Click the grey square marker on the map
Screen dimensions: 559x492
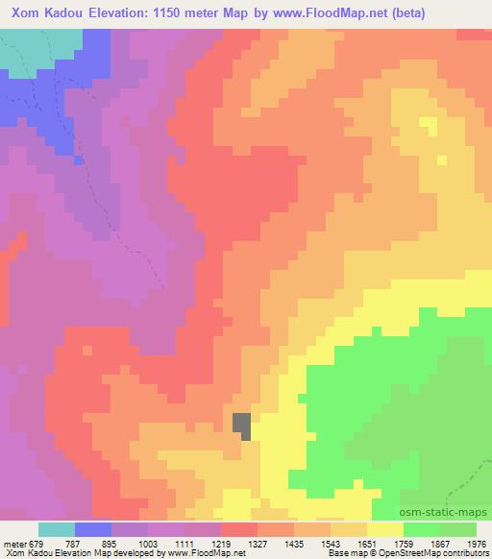click(243, 425)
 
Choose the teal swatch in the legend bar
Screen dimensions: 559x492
click(57, 529)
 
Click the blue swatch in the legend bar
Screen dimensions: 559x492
click(93, 529)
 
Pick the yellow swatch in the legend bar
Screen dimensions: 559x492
click(384, 529)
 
